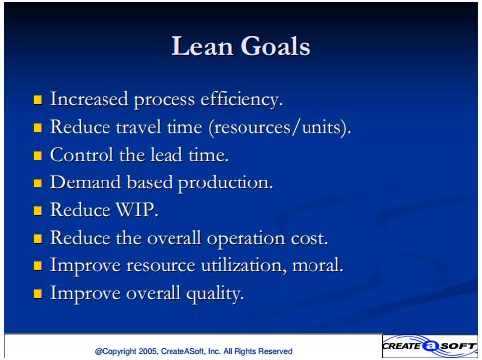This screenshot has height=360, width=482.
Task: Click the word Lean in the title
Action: pos(202,46)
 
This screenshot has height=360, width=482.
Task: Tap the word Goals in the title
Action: pos(275,46)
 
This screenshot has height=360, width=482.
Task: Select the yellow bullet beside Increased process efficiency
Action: pos(37,99)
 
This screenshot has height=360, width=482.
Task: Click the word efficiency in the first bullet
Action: pos(241,99)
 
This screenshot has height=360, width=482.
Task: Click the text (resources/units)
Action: pos(280,127)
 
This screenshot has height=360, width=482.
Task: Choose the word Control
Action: pos(82,155)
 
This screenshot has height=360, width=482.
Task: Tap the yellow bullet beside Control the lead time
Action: pos(37,155)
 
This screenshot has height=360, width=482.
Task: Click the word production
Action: pos(226,183)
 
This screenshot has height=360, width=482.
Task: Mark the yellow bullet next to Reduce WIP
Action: pos(37,210)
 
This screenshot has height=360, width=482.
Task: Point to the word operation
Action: pos(245,239)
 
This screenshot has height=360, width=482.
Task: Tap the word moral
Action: pos(317,265)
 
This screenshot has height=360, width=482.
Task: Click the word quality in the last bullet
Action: pos(216,294)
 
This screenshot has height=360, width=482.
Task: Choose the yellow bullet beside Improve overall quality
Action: pos(37,293)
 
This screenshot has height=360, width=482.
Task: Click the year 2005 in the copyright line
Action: pos(148,351)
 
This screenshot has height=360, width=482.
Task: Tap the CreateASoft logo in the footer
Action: pos(430,346)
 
